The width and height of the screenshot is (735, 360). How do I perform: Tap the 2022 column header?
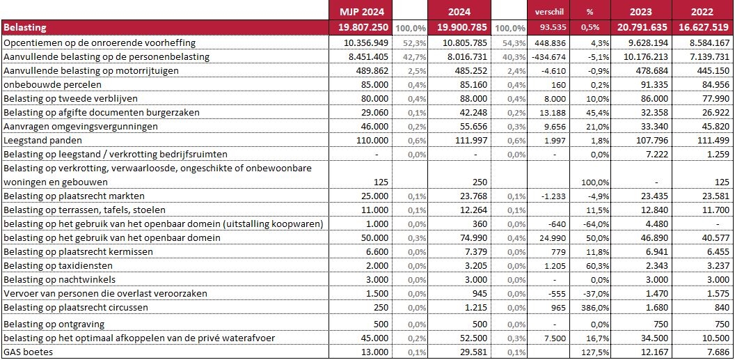[x=702, y=12]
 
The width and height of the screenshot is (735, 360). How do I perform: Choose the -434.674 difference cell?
[x=548, y=57]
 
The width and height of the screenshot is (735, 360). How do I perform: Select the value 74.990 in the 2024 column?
[x=475, y=238]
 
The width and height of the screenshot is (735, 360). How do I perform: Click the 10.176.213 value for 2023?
[x=646, y=57]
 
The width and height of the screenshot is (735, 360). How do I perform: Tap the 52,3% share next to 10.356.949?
[x=414, y=43]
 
